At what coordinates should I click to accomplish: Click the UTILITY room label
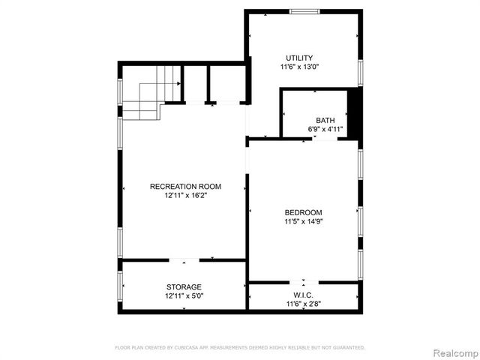pos(298,58)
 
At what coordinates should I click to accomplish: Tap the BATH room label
pos(325,120)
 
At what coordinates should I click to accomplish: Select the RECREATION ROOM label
pos(185,186)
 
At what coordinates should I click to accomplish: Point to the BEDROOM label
pos(304,212)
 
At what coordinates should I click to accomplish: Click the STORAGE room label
pos(184,287)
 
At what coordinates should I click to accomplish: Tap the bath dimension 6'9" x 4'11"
pos(325,129)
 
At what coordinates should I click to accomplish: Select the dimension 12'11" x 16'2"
pos(185,195)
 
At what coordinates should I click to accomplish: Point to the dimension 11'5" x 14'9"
pos(304,221)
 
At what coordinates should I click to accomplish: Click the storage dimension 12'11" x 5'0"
pos(184,296)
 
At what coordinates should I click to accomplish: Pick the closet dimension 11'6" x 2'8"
pos(304,304)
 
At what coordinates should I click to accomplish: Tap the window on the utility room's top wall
pos(304,10)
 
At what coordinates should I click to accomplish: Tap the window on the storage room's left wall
pos(120,285)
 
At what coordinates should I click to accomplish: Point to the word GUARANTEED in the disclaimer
pos(350,348)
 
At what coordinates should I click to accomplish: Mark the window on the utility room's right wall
pos(361,72)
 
